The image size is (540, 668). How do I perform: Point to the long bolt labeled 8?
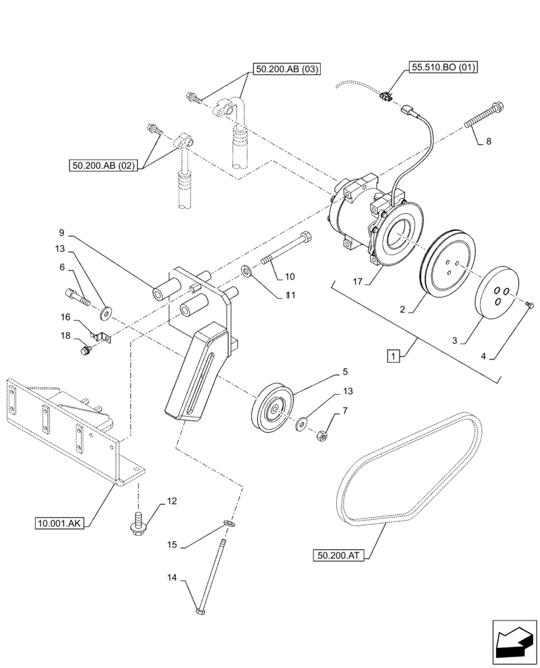(x=481, y=115)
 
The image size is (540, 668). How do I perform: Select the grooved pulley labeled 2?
(x=447, y=264)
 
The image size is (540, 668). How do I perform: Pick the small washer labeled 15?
(x=229, y=524)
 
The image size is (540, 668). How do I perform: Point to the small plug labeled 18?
(x=84, y=349)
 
